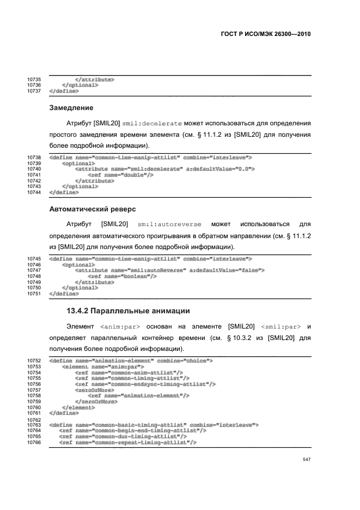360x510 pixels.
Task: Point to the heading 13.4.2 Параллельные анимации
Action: (x=127, y=311)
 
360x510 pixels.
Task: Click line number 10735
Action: (x=34, y=80)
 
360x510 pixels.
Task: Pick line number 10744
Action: (x=34, y=192)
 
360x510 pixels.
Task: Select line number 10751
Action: (x=34, y=294)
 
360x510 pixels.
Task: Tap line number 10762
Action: (x=34, y=420)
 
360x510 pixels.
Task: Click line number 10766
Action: (x=34, y=442)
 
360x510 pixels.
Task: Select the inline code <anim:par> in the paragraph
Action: (x=121, y=327)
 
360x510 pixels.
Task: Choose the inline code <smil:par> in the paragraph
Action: (x=281, y=327)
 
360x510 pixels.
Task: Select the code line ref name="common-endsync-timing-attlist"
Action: (x=144, y=384)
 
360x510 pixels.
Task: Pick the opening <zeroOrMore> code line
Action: (x=95, y=390)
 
